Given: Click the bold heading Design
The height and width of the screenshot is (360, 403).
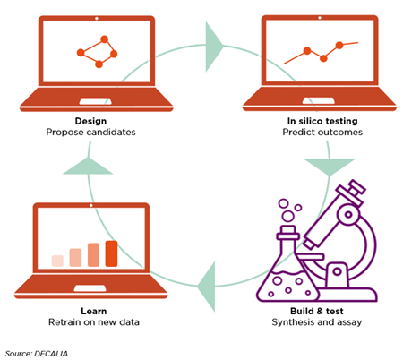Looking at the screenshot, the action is (x=90, y=121).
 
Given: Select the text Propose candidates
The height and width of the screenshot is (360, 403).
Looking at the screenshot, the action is (x=90, y=132).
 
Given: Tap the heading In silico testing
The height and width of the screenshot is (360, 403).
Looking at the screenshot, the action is (x=322, y=121).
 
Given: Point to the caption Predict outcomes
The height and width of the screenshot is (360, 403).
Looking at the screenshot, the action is (x=322, y=132).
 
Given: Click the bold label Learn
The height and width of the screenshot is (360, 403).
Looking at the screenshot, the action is (x=94, y=311).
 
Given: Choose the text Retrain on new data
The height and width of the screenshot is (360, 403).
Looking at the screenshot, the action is (x=94, y=322).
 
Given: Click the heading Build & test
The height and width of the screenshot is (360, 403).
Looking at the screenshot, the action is (x=317, y=311).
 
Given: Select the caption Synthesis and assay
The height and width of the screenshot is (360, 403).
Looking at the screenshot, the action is (x=317, y=322).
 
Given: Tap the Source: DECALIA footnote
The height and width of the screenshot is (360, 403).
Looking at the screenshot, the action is (x=37, y=354).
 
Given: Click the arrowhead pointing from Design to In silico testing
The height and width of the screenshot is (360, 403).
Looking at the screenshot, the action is (x=213, y=47).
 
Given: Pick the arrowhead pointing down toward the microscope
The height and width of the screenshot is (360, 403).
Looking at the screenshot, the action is (x=330, y=166).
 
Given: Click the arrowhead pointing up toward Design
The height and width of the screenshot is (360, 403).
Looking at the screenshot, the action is (x=88, y=167).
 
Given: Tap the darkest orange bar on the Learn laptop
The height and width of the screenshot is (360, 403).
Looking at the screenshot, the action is (x=111, y=253).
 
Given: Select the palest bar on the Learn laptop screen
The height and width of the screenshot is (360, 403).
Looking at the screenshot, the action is (x=57, y=261).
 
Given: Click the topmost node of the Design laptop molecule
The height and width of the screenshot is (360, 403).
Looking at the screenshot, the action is (x=104, y=39).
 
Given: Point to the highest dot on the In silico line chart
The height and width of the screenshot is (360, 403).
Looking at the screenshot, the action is (x=339, y=45).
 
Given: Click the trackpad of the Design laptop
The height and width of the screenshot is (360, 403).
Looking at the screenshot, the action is (x=96, y=101).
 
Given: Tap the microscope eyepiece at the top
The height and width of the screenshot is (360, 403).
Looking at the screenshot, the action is (x=354, y=188).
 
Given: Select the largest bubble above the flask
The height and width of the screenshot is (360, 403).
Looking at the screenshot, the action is (x=288, y=216).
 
